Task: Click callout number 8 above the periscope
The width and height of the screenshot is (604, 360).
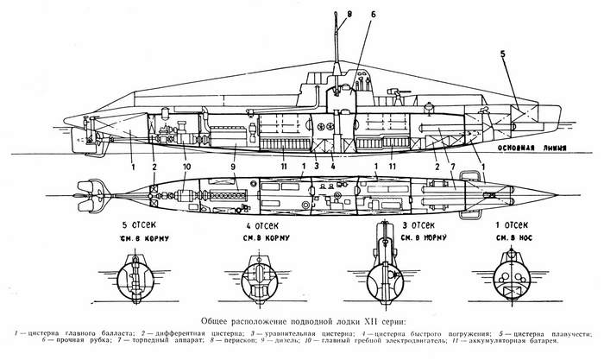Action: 350,12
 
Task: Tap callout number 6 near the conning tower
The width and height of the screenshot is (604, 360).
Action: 373,15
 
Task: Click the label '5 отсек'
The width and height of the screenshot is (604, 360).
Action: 131,226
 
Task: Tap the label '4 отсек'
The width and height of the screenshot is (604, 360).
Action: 255,226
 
